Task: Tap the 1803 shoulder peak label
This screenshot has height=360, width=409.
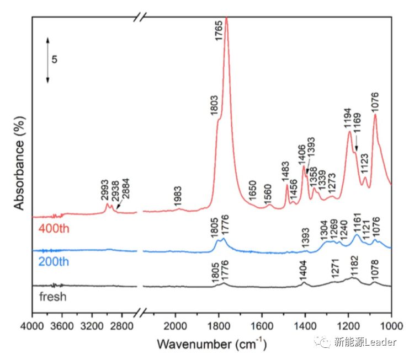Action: (214, 105)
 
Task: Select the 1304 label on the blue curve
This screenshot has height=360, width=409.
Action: (325, 230)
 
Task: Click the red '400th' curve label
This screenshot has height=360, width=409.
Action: (52, 228)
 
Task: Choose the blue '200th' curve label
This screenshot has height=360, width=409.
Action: (54, 261)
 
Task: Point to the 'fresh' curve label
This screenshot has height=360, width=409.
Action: (52, 297)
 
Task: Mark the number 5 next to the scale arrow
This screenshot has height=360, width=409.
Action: (55, 59)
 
